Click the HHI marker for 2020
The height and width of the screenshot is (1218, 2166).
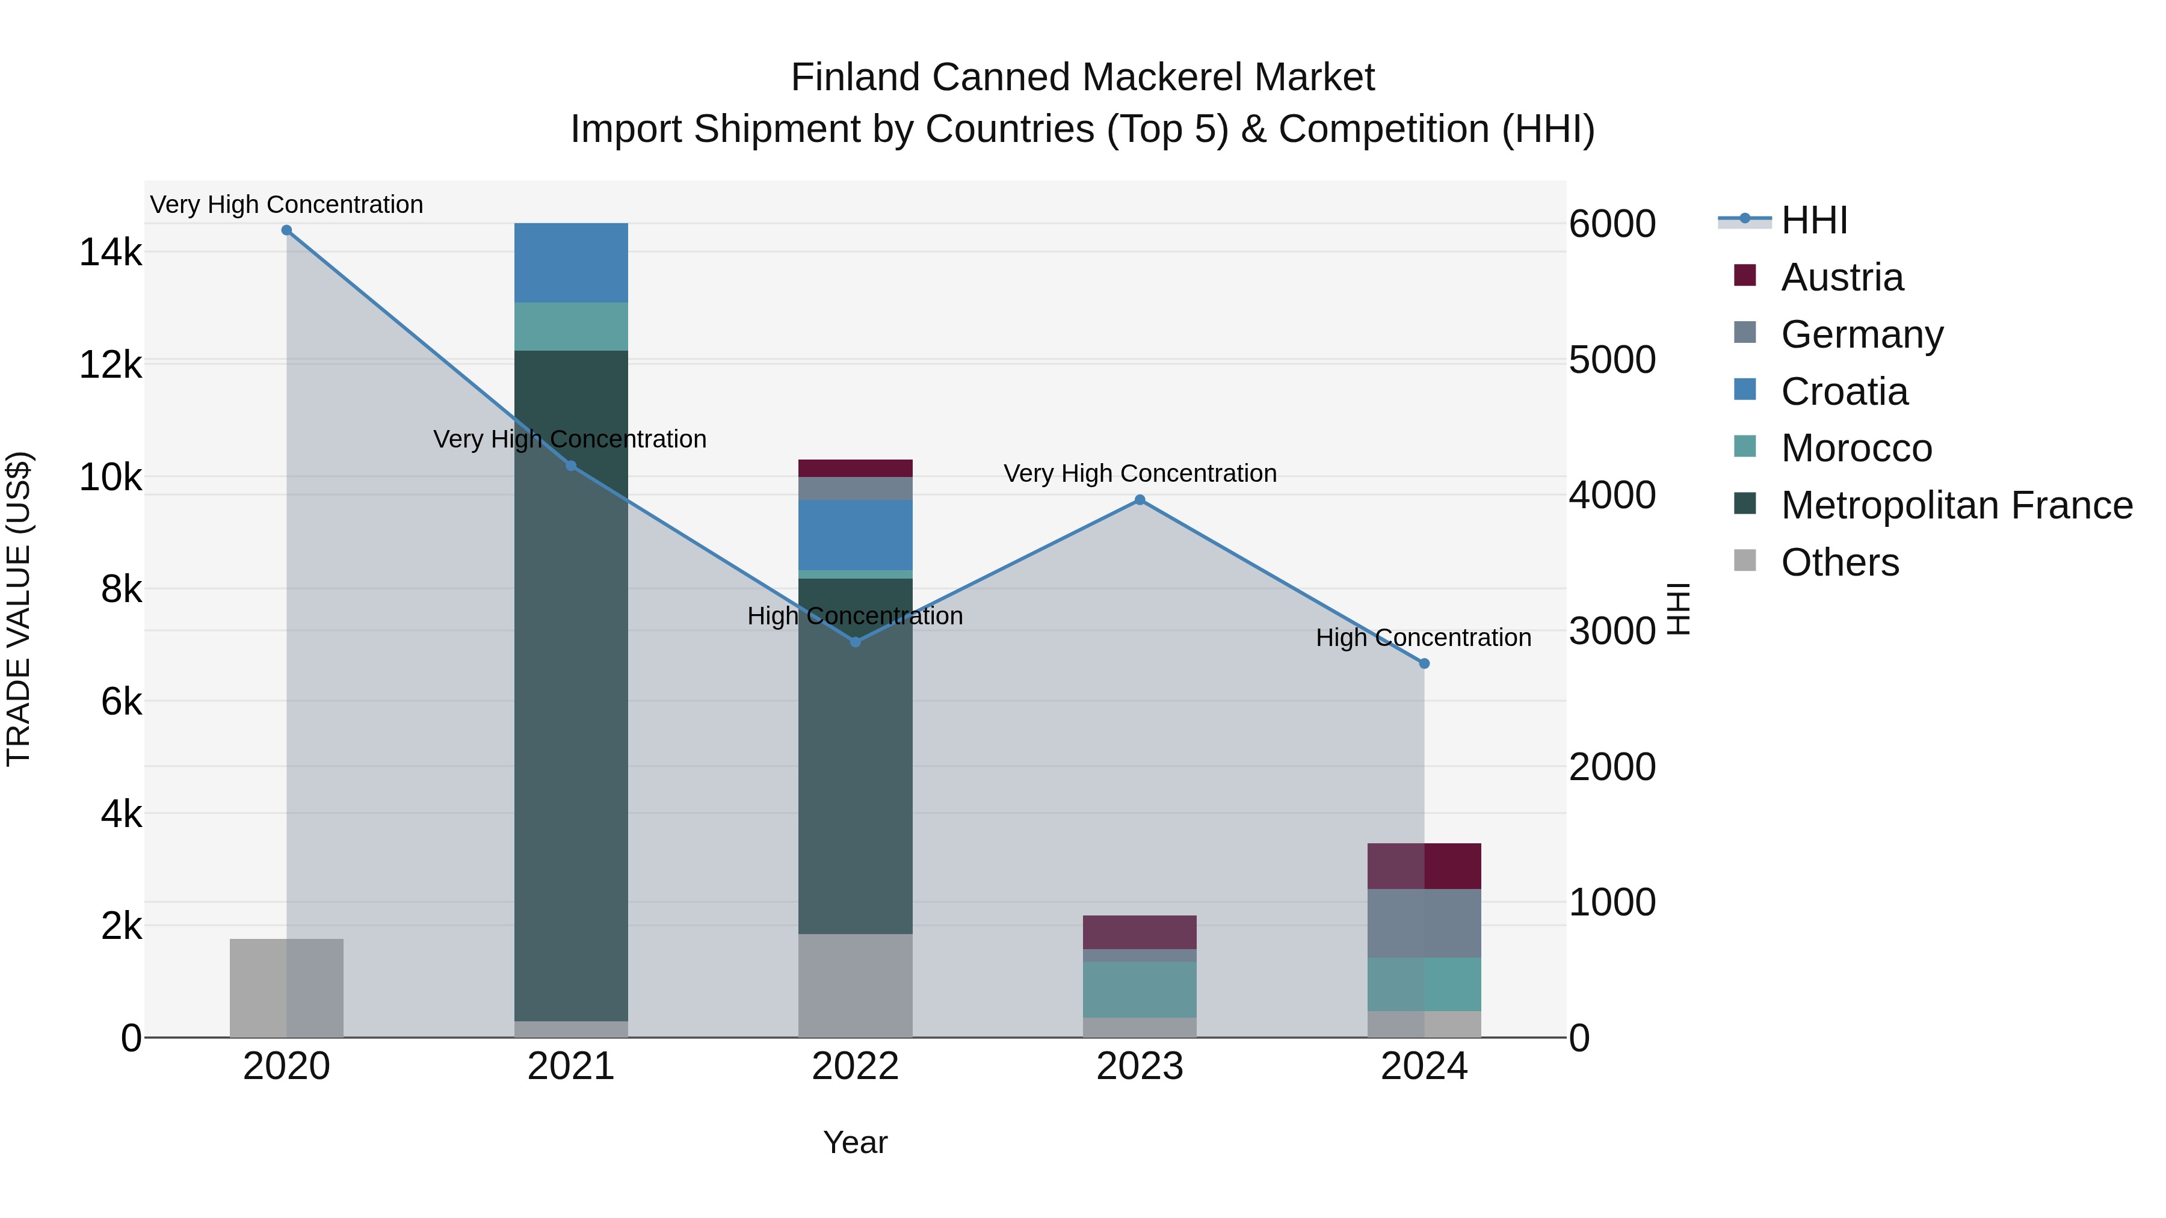coord(287,230)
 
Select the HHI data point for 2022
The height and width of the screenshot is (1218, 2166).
coord(855,642)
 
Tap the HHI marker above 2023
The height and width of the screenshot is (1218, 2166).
coord(1140,500)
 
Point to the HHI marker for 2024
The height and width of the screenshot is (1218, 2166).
coord(1424,664)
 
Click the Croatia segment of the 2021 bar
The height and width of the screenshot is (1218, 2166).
coord(571,262)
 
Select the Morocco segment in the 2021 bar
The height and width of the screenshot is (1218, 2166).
coord(571,326)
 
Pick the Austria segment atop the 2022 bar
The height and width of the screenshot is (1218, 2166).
coord(855,468)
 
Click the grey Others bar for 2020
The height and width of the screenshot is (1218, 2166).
coord(287,988)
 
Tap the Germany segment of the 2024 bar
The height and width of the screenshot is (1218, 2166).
coord(1424,923)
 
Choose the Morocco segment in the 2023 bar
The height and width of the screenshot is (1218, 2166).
coord(1140,989)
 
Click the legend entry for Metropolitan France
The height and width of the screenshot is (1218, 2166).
coord(1956,505)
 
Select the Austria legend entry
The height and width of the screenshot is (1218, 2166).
coord(1842,277)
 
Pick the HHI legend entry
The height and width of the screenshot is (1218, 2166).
coord(1813,220)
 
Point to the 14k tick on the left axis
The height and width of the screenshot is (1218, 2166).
coord(110,252)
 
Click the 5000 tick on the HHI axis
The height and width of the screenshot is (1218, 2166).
coord(1612,360)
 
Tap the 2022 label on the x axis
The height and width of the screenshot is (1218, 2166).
coord(855,1066)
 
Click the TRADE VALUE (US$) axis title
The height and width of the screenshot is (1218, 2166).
coord(19,609)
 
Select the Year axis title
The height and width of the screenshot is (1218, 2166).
coord(855,1142)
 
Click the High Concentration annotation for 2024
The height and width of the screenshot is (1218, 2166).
coord(1423,638)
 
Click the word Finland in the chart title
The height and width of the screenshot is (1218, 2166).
coord(856,78)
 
